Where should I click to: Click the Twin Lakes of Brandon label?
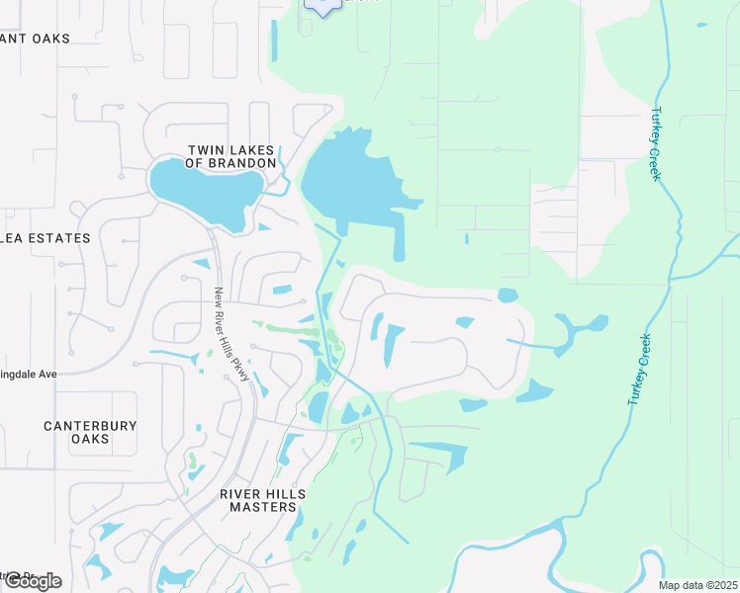(231, 157)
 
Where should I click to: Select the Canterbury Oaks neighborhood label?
(89, 432)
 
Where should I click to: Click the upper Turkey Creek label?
(655, 144)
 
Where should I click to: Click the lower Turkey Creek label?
(639, 369)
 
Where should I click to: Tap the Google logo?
(33, 580)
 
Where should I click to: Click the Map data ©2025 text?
(697, 585)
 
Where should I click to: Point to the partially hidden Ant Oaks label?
(36, 39)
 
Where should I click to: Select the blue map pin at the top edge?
(323, 5)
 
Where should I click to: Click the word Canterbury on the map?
(89, 426)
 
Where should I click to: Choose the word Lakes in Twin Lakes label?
(248, 150)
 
